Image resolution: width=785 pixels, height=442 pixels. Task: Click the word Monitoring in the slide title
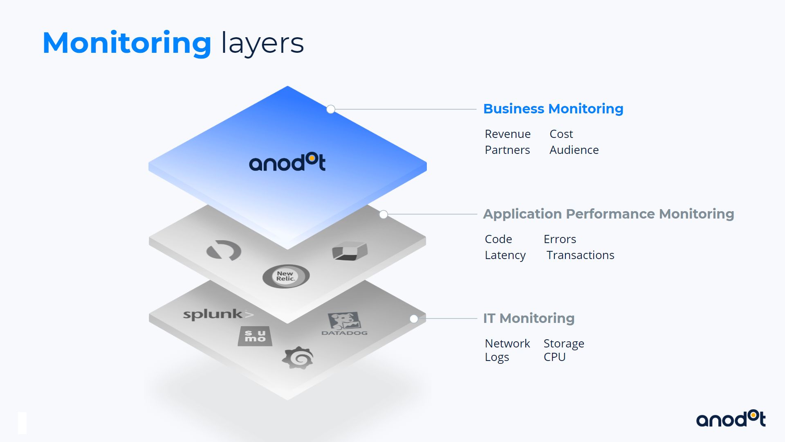(127, 43)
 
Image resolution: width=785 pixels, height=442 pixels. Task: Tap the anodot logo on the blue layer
(287, 162)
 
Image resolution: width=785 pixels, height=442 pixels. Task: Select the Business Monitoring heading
(553, 109)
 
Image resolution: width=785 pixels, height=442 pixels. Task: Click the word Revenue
(507, 134)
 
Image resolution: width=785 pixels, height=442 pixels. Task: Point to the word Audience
(574, 150)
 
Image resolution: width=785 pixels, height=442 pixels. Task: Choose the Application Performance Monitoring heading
(608, 214)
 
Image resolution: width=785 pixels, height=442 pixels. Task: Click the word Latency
(505, 255)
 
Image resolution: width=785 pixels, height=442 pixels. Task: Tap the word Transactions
(580, 255)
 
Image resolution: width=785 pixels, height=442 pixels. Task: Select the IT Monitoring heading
(529, 318)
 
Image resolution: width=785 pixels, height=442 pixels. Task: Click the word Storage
(563, 344)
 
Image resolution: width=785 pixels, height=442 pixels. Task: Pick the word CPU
(554, 357)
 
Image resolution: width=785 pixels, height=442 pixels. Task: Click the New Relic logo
(286, 276)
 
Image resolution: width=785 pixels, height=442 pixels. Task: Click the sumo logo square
(255, 336)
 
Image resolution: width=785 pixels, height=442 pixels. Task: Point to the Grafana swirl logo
(298, 358)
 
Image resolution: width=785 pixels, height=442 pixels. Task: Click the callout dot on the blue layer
(331, 109)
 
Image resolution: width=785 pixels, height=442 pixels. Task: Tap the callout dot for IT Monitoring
(414, 319)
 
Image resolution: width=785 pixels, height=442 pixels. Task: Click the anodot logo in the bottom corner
(731, 419)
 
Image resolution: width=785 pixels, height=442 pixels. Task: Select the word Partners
(507, 150)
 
